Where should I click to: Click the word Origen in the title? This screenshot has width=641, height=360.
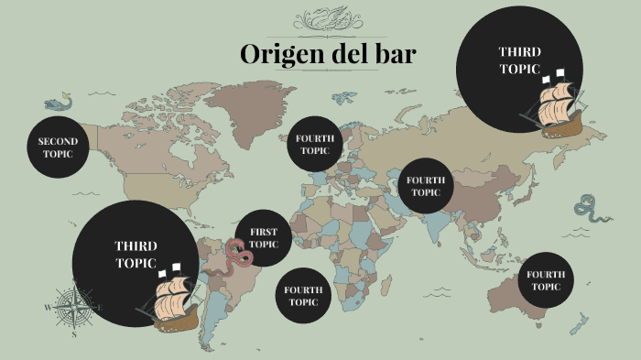(277, 54)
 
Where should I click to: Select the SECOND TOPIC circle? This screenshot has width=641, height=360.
(59, 147)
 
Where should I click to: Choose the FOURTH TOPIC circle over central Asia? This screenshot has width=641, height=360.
(425, 186)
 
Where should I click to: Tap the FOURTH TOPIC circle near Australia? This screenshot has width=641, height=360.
(546, 280)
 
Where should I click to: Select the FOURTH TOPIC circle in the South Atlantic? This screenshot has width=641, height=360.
(302, 295)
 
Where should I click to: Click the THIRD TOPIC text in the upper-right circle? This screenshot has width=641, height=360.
(519, 60)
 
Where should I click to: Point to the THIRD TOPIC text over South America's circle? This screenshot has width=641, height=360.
(136, 255)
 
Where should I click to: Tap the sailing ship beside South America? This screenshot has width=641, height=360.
(170, 297)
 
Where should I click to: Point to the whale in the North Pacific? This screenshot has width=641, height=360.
(58, 103)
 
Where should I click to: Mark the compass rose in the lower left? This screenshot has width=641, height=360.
(71, 307)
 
